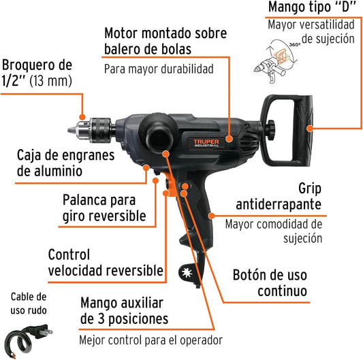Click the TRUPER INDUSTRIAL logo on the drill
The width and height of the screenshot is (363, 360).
pos(206,143)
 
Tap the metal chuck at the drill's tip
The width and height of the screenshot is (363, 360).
pos(91,130)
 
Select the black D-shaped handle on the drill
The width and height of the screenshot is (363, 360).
pos(287,131)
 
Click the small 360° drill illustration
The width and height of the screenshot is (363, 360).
pos(276,61)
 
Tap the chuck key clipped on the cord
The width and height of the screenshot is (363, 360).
pos(188,273)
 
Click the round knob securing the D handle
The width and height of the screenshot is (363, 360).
pos(270,129)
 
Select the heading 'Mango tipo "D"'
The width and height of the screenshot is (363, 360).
pos(312,7)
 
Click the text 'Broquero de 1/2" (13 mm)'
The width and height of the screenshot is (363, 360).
pos(37,73)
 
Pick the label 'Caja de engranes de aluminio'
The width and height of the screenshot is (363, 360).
pos(66,163)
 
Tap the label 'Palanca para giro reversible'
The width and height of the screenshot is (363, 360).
pos(104,208)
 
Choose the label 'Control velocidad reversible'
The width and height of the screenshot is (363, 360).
pos(106,263)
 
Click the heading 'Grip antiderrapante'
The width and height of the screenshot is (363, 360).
pos(279,197)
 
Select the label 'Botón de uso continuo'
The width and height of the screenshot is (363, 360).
pos(270,282)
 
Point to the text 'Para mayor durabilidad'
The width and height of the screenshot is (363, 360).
pos(159,69)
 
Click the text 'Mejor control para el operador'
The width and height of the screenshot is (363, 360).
pos(151,340)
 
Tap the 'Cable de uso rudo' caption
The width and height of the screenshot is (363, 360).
pos(29,304)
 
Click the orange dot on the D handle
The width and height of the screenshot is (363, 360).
pos(310,128)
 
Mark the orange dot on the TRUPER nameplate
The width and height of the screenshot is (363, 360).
pos(229,139)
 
